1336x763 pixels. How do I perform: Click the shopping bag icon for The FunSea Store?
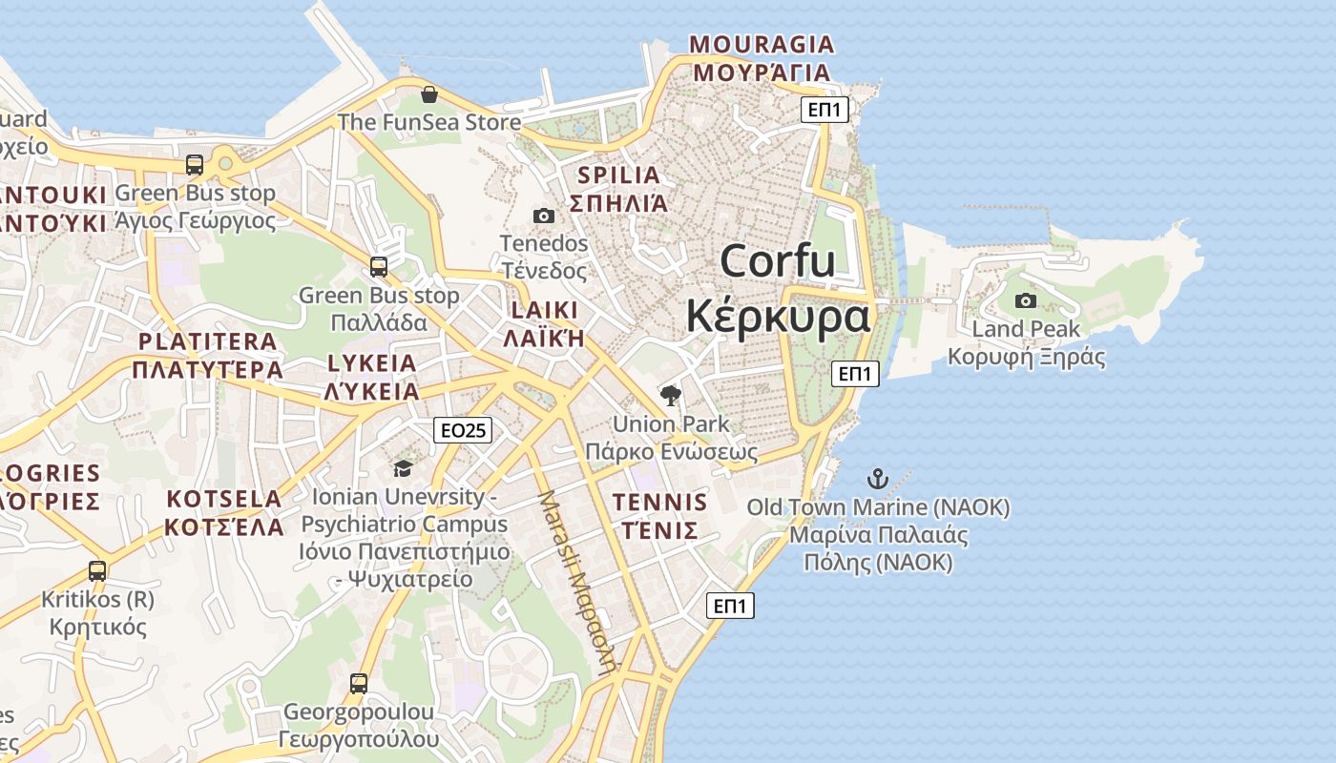tap(429, 94)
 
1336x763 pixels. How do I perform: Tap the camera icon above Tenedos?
tap(544, 217)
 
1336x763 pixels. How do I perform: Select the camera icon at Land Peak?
tap(1026, 301)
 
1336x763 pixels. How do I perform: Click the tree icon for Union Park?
tap(671, 395)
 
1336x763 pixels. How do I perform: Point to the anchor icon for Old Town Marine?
tap(877, 478)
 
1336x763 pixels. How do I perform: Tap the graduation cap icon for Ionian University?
tap(403, 468)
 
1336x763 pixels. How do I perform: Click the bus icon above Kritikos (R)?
tap(97, 571)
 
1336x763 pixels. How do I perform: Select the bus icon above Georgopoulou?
tap(359, 684)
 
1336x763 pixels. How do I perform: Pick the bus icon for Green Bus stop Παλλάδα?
tap(379, 267)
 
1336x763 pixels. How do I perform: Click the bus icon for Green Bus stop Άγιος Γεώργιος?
tap(195, 165)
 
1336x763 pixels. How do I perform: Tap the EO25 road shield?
tap(463, 430)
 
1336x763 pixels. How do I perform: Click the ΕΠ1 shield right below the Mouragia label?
tap(825, 110)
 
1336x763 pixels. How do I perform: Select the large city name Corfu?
tap(778, 261)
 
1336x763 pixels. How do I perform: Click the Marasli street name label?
tap(575, 582)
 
